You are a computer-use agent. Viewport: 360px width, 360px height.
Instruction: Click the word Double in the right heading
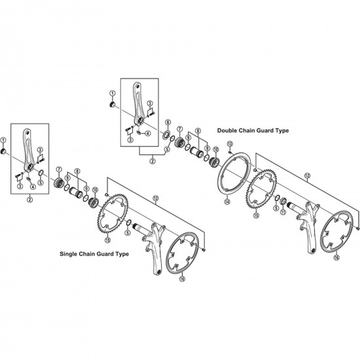[x=227, y=131]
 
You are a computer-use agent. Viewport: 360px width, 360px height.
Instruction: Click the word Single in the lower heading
[x=68, y=254]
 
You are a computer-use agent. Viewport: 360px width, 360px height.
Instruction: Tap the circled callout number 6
[x=168, y=122]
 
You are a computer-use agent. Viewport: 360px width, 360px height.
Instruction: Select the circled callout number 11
[x=283, y=212]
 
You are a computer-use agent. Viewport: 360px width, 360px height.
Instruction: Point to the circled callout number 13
[x=230, y=144]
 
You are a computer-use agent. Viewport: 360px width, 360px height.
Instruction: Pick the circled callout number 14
[x=227, y=202]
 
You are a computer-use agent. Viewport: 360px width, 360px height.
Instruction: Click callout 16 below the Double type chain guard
[x=336, y=257]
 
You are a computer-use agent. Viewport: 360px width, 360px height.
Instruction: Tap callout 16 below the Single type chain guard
[x=183, y=279]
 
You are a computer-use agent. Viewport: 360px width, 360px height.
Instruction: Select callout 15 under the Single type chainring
[x=107, y=240]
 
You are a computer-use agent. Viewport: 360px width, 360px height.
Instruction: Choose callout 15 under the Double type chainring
[x=256, y=215]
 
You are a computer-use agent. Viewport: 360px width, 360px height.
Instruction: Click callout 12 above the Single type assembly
[x=156, y=198]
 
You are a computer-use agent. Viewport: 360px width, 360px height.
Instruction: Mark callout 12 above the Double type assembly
[x=307, y=175]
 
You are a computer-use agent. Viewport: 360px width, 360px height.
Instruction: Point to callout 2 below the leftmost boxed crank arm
[x=29, y=200]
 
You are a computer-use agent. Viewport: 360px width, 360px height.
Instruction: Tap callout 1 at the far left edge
[x=3, y=140]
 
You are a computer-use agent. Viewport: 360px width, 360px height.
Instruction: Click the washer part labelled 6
[x=166, y=135]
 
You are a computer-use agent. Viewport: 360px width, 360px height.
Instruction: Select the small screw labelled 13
[x=230, y=152]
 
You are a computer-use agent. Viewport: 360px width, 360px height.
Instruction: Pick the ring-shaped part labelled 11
[x=283, y=202]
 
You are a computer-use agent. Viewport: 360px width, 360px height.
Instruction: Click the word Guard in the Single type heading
[x=105, y=254]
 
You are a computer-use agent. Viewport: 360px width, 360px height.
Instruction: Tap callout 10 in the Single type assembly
[x=95, y=190]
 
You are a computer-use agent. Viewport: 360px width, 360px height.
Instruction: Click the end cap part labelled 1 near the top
[x=113, y=105]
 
